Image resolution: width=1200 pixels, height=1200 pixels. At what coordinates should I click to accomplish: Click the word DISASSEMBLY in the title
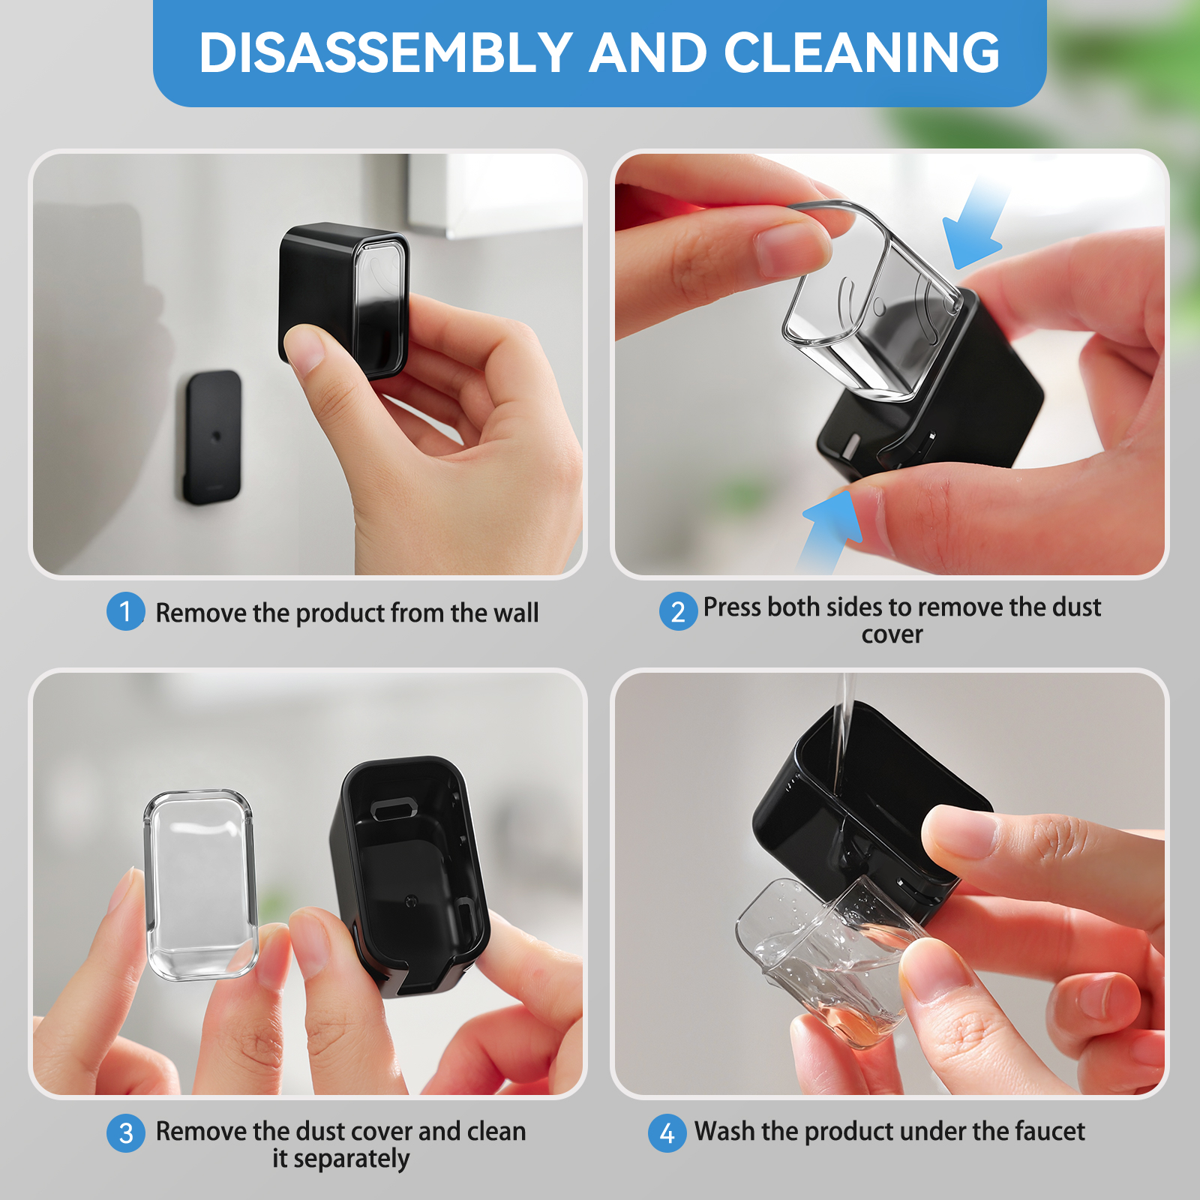386,52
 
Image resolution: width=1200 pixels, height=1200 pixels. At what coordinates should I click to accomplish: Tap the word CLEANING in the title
861,52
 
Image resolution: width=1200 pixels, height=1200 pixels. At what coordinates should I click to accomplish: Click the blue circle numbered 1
125,611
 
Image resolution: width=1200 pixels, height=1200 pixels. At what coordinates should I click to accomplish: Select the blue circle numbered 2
678,611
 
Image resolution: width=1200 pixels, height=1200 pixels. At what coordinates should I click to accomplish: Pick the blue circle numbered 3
125,1132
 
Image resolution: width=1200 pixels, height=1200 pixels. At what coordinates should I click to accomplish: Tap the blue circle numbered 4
667,1132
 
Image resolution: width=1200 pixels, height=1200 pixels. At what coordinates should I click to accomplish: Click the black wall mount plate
213,436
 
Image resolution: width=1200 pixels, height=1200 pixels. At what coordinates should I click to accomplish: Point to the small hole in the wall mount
216,436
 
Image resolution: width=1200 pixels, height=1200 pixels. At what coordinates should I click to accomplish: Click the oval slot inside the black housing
394,808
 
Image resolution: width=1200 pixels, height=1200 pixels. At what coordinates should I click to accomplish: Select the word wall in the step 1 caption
516,613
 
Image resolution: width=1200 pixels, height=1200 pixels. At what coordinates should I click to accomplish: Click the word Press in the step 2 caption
731,607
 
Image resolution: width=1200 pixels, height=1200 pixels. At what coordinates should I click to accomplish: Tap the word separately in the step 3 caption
351,1159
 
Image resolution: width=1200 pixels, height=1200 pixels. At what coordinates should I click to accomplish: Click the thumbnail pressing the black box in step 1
303,349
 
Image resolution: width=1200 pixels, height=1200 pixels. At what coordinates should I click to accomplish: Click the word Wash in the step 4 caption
724,1131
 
